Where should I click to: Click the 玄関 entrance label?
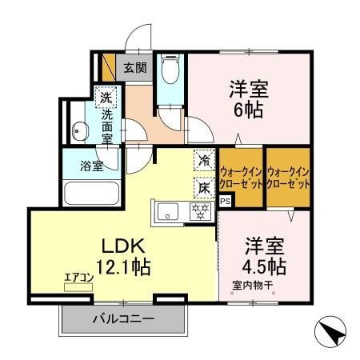pos(134,68)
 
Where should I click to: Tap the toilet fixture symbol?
pos(170,71)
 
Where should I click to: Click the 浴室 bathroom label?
pos(90,167)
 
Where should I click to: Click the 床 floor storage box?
pos(206,187)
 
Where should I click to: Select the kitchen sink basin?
pos(168,212)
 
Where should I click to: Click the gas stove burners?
pos(200,212)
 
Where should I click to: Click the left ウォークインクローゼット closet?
pos(241,175)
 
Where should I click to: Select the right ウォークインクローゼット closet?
pos(287,175)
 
